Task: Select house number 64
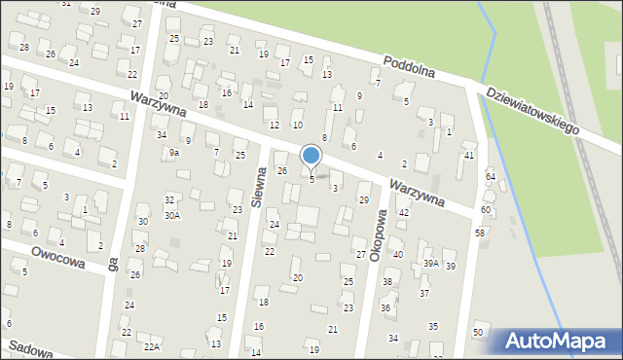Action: click(491, 176)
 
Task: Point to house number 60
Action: click(485, 210)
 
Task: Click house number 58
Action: click(480, 234)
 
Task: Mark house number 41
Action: click(469, 156)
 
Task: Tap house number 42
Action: click(403, 212)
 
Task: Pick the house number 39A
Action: click(430, 263)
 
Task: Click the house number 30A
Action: click(171, 216)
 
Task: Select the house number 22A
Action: click(151, 346)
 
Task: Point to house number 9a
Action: click(174, 153)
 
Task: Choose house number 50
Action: click(477, 333)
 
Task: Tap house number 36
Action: click(385, 307)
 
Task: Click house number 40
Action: click(397, 254)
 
